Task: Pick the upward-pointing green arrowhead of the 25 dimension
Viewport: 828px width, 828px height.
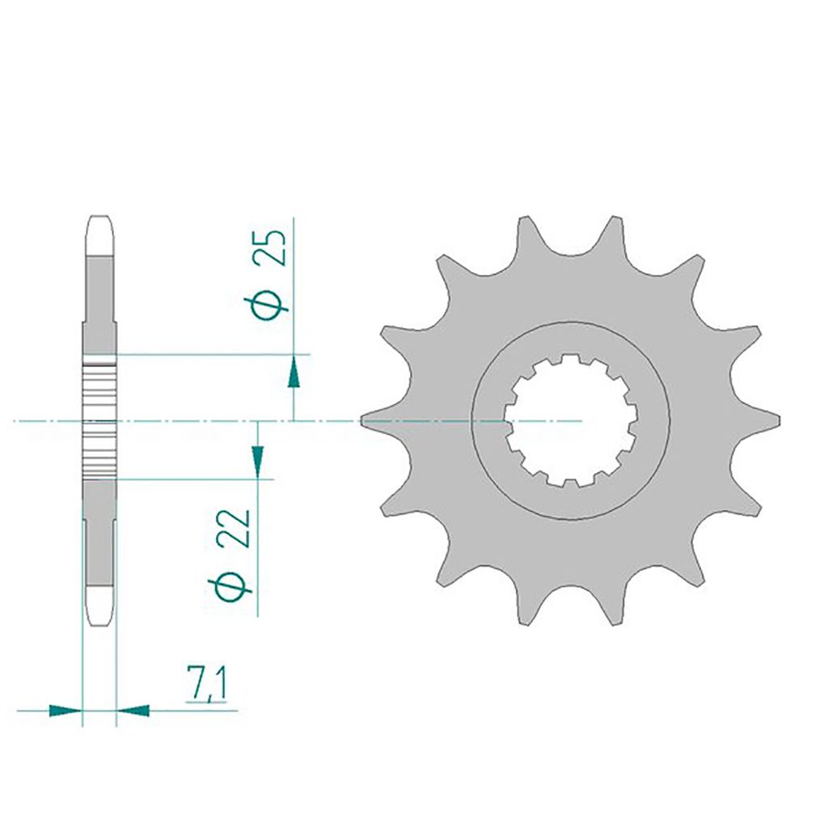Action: [x=294, y=373]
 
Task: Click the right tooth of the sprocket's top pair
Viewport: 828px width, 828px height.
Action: [x=615, y=230]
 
